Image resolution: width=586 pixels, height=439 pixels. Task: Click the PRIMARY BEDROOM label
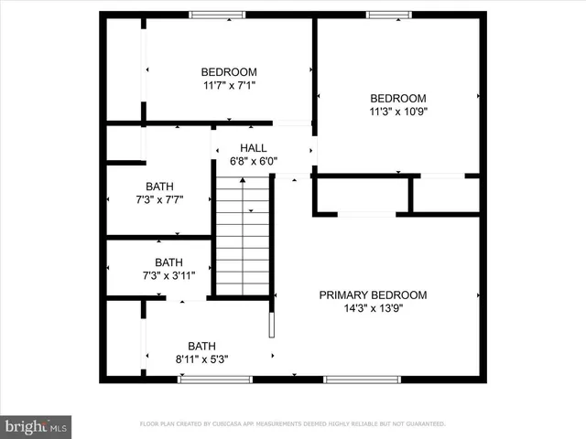coord(373,295)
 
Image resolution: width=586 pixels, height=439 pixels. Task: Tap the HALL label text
coord(254,148)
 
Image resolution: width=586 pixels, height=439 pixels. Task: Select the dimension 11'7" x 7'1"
coord(229,85)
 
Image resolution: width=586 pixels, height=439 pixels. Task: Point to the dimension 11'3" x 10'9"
coord(397,112)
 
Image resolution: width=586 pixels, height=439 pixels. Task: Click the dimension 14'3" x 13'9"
coord(373,308)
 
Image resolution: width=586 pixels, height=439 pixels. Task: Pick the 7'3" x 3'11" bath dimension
coord(168,275)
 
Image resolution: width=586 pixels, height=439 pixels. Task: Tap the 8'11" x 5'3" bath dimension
coord(202,359)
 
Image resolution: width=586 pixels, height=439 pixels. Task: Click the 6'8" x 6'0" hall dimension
coord(254,162)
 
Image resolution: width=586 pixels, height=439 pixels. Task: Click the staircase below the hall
coord(244,236)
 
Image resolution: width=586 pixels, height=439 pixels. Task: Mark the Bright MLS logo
coord(37,426)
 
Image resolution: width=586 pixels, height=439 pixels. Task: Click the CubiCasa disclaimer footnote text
coord(292,424)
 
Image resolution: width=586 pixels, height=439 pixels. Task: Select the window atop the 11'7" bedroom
coord(217,14)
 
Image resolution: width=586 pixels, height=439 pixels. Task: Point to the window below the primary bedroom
coord(362,379)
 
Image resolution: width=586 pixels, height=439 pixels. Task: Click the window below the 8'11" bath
coord(202,379)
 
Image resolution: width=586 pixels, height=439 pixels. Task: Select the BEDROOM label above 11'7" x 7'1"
coord(229,72)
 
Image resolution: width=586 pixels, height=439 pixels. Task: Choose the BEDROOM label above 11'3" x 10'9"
coord(397,99)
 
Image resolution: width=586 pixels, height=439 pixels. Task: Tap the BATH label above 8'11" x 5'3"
coord(202,346)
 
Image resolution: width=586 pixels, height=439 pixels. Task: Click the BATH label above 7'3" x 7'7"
coord(159,187)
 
